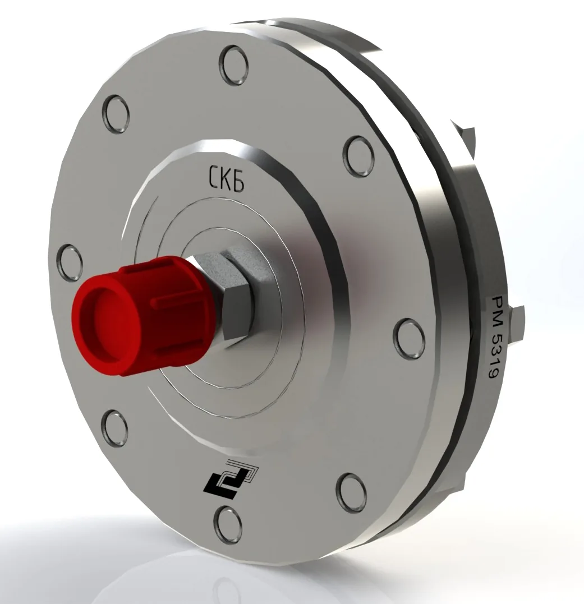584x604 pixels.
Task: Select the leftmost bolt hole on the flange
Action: tap(70, 263)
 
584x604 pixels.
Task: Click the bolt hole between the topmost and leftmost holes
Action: tap(116, 114)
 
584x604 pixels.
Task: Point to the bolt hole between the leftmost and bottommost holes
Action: tap(114, 428)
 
